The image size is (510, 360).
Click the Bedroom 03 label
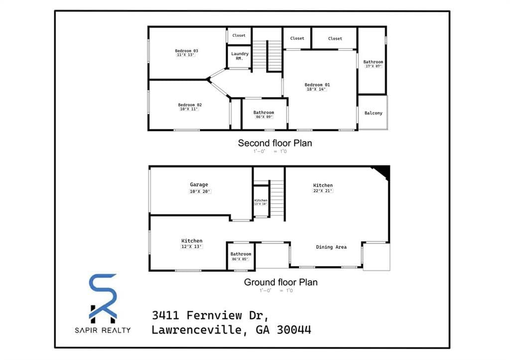[187, 51]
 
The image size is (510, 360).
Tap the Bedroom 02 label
[190, 105]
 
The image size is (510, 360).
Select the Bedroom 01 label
[317, 85]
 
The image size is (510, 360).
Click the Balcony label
[374, 113]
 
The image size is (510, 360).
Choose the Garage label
[199, 185]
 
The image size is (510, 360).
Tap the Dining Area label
[331, 247]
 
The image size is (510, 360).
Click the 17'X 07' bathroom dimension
[373, 66]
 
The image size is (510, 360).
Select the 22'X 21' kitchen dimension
[323, 191]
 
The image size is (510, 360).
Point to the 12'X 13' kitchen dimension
[192, 246]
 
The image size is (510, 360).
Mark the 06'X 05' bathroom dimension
[241, 259]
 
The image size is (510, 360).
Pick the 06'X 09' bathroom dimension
[263, 117]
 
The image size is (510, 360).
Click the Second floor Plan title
[275, 143]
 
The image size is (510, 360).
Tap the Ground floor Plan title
[280, 282]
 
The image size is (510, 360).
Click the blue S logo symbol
[103, 294]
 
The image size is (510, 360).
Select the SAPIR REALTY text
[104, 330]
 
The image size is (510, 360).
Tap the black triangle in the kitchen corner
[382, 171]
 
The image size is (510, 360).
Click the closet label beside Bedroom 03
[239, 35]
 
